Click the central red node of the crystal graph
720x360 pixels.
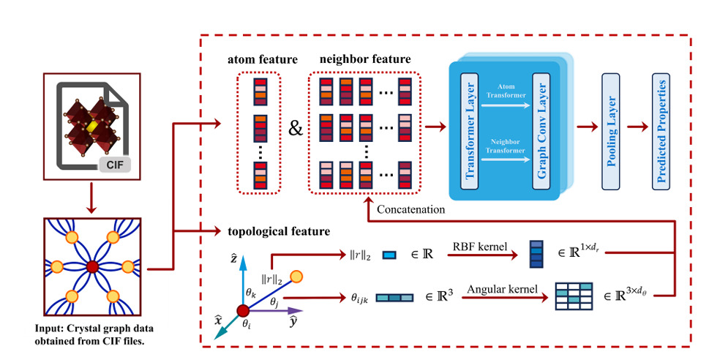point(92,267)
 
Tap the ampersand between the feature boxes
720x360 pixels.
point(296,129)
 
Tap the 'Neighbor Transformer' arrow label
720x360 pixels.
point(506,146)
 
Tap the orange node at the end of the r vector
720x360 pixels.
point(296,276)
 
